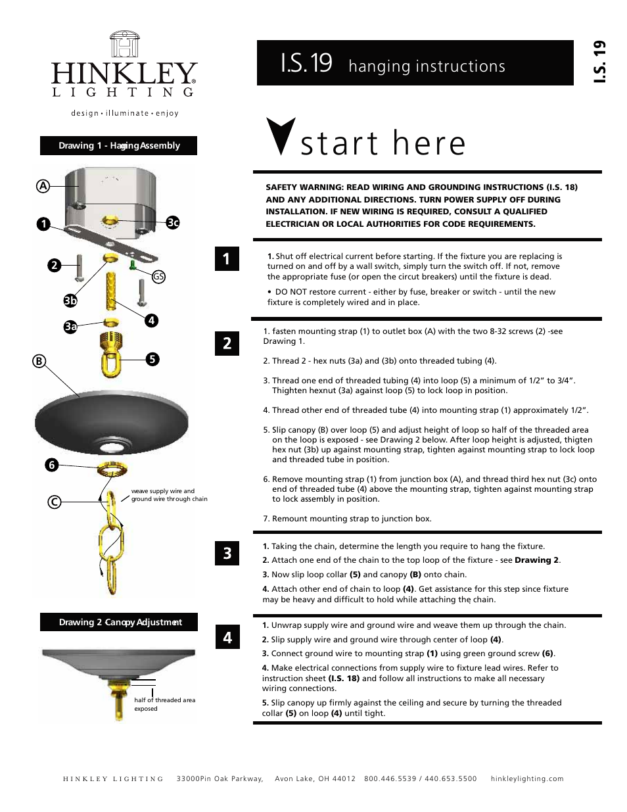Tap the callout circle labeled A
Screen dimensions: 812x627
point(43,186)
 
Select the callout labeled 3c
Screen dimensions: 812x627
point(173,222)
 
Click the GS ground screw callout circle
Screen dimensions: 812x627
point(158,277)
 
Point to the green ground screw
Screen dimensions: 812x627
point(132,265)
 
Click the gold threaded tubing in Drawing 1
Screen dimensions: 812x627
point(110,289)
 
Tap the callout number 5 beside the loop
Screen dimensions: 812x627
point(152,359)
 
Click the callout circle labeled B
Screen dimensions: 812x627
point(39,361)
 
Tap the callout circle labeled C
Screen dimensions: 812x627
point(55,502)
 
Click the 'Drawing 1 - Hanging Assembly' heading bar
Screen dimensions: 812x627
point(119,145)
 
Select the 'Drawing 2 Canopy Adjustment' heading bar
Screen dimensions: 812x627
point(119,622)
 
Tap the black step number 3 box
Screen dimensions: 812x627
point(227,553)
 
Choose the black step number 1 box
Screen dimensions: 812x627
point(227,258)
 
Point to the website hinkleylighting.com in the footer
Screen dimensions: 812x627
point(527,778)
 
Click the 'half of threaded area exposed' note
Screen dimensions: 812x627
point(164,704)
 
